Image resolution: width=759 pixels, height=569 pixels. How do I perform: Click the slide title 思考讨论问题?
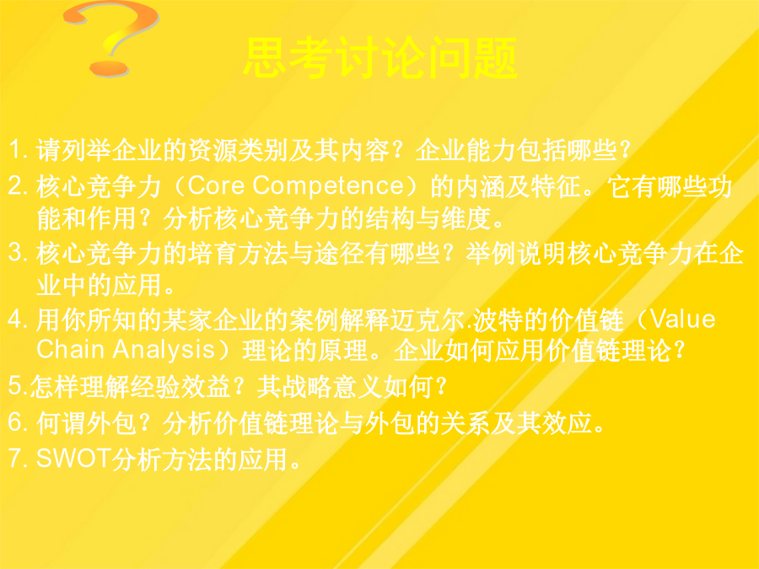[380, 58]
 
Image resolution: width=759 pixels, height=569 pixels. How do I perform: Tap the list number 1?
[18, 149]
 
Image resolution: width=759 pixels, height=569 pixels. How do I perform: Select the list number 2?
[18, 185]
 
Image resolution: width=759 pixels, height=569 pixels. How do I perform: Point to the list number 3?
[18, 253]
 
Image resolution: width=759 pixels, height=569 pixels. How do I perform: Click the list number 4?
[18, 319]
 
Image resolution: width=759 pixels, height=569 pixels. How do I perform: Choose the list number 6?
[18, 422]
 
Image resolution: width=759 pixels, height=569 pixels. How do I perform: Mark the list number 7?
[18, 458]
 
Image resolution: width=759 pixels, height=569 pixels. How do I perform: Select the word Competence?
[329, 186]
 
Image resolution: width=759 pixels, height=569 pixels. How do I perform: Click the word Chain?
[70, 349]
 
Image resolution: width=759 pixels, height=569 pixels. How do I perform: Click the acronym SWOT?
[73, 458]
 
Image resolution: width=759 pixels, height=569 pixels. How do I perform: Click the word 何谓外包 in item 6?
[86, 422]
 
